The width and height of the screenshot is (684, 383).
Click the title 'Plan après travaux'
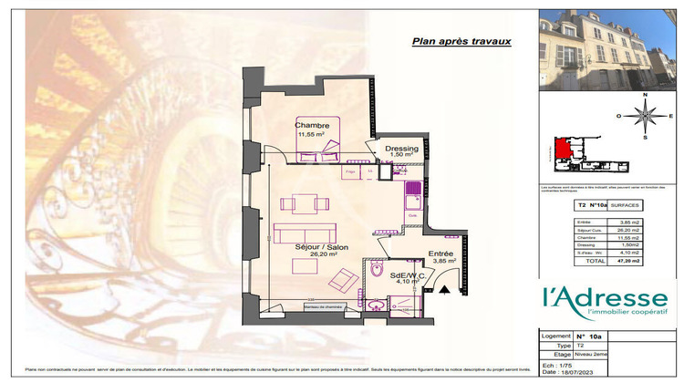point(461,41)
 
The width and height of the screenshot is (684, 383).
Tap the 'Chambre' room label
point(311,125)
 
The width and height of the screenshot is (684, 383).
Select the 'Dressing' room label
point(402,148)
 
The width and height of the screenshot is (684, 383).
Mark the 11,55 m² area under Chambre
point(311,134)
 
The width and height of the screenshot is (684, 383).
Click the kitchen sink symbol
point(413,190)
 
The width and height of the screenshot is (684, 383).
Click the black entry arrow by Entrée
point(443,289)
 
